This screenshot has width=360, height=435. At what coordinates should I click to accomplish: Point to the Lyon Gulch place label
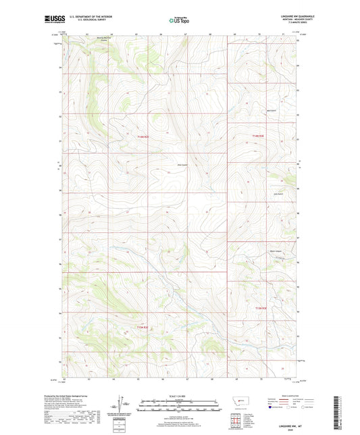pyautogui.click(x=278, y=196)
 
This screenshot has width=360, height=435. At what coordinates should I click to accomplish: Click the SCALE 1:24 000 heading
pyautogui.click(x=180, y=396)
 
